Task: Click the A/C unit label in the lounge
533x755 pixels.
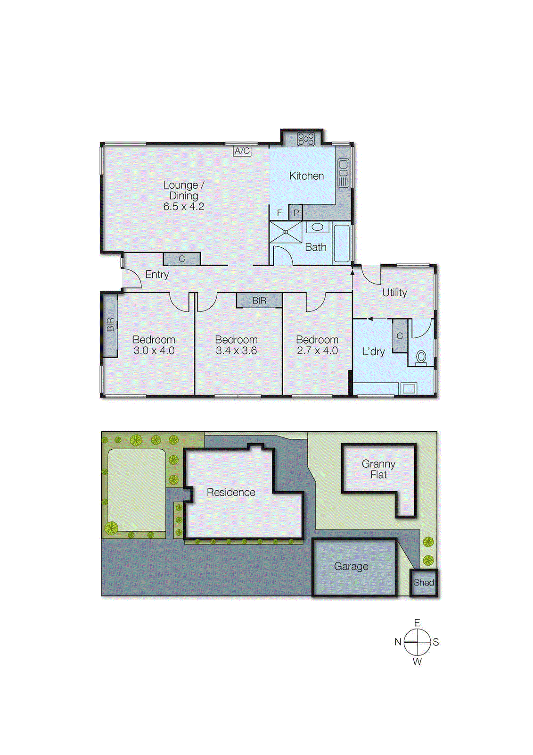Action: (242, 151)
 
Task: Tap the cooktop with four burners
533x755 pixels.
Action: (306, 139)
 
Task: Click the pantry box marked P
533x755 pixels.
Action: (295, 213)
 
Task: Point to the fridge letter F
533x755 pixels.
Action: (279, 213)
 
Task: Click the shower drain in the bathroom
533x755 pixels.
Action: (286, 232)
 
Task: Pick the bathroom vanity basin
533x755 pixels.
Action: (318, 227)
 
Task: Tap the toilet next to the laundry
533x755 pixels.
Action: (421, 357)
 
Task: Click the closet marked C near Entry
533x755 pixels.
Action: (182, 259)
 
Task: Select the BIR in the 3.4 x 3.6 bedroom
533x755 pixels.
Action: (259, 301)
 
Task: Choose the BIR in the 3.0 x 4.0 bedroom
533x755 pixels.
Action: (110, 325)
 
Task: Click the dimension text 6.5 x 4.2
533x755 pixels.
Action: (184, 207)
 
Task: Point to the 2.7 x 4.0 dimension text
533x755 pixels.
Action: (317, 351)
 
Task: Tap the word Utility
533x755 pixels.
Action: (394, 293)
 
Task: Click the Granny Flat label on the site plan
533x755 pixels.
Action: (378, 469)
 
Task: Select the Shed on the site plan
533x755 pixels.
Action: (424, 583)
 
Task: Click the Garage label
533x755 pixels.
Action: (351, 566)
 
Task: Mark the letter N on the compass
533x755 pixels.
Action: (398, 642)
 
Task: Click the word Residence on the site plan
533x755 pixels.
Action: (231, 492)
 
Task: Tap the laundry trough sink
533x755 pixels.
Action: (408, 389)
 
